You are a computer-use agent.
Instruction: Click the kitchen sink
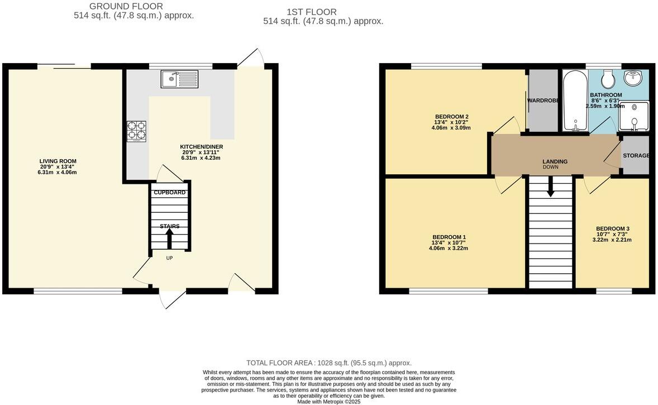coord(179,79)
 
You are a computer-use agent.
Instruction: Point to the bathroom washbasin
coord(635,79)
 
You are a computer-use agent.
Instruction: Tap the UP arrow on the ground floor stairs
coord(169,239)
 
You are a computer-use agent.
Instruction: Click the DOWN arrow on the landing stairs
coord(551,188)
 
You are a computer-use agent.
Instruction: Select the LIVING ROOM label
coord(58,161)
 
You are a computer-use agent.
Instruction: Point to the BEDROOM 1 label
coord(449,237)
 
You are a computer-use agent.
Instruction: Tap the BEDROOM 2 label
coord(451,116)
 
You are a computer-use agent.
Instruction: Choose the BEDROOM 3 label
coord(612,228)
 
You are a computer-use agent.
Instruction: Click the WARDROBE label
coord(543,101)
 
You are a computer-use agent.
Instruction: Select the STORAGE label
coord(636,155)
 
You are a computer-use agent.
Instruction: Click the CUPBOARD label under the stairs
coord(170,193)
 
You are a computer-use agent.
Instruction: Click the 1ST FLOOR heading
coord(311,12)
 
